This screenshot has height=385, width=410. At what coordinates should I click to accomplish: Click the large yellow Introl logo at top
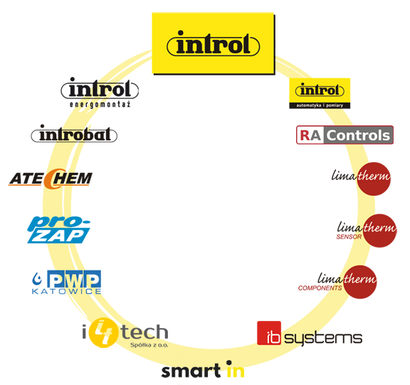pyautogui.click(x=213, y=43)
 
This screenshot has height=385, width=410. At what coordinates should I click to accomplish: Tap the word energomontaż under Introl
pyautogui.click(x=100, y=105)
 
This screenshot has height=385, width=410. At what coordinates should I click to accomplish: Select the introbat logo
pyautogui.click(x=74, y=134)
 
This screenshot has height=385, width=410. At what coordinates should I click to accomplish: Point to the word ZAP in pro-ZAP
pyautogui.click(x=58, y=236)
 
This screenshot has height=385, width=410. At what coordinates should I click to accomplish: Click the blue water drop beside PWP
pyautogui.click(x=37, y=279)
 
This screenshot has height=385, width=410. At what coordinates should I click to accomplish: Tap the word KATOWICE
pyautogui.click(x=66, y=291)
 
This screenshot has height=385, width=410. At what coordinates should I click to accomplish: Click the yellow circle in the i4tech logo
pyautogui.click(x=103, y=332)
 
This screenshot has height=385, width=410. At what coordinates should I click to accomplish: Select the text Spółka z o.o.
pyautogui.click(x=149, y=345)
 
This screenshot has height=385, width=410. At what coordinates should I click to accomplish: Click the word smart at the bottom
pyautogui.click(x=191, y=371)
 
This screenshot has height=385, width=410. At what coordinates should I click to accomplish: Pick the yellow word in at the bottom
pyautogui.click(x=236, y=369)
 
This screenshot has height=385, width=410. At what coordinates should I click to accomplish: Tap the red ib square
pyautogui.click(x=269, y=333)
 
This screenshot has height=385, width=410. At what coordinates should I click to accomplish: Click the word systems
pyautogui.click(x=323, y=338)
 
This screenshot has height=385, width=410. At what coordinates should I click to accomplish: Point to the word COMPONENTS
pyautogui.click(x=320, y=288)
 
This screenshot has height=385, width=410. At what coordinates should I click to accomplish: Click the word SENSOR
pyautogui.click(x=349, y=237)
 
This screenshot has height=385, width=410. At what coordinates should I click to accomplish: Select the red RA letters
pyautogui.click(x=310, y=135)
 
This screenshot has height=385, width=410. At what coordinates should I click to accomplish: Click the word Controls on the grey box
pyautogui.click(x=358, y=135)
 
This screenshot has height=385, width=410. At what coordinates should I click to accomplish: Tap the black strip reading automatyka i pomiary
pyautogui.click(x=320, y=105)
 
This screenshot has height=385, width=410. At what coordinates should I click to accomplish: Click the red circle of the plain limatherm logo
pyautogui.click(x=374, y=179)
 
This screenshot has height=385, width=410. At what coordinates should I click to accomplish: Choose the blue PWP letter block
pyautogui.click(x=74, y=279)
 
